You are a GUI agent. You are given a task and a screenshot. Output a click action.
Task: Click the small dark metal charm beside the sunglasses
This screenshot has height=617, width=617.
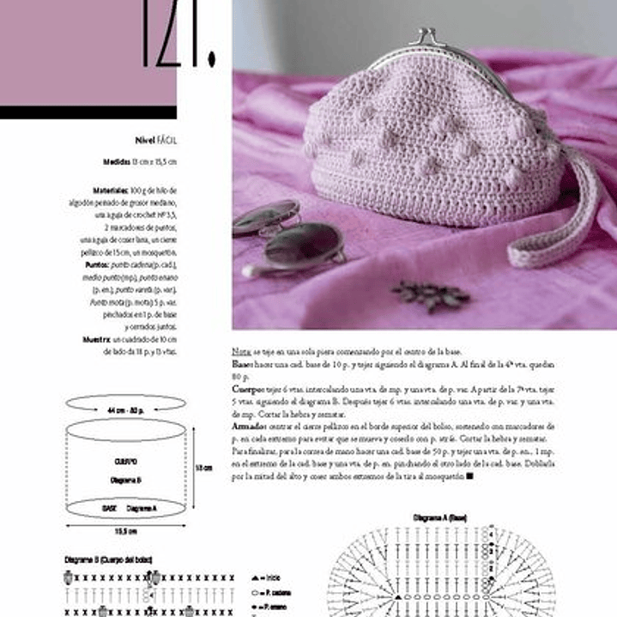point(432,296)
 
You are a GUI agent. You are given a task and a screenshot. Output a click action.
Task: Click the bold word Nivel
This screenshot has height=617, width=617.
point(144,139)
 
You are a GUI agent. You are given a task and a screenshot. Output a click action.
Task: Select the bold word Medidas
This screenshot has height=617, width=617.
point(117,161)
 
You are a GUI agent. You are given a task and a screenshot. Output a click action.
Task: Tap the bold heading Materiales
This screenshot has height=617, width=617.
point(111,190)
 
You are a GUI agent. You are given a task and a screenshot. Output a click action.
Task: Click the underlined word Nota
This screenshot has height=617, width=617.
point(240,352)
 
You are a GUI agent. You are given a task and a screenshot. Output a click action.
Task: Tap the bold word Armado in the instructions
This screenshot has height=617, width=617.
point(249,426)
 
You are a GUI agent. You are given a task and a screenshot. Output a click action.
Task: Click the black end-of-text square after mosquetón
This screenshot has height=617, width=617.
point(469,475)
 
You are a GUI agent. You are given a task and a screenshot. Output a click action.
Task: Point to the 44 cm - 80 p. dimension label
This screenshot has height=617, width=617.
point(125,411)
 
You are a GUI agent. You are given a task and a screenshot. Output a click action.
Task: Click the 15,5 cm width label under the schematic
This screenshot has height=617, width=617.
point(126,530)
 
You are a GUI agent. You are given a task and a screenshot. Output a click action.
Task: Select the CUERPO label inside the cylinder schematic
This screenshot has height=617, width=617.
point(125,461)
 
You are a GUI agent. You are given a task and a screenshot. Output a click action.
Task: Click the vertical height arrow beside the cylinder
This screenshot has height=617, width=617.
point(191,468)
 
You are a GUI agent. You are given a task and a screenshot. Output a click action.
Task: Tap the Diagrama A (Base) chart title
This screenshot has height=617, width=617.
point(439,519)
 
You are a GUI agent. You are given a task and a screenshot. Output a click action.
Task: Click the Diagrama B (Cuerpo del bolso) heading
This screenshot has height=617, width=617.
point(108,560)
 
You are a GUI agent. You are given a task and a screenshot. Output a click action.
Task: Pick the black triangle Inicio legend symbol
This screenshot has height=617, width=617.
point(255,578)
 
